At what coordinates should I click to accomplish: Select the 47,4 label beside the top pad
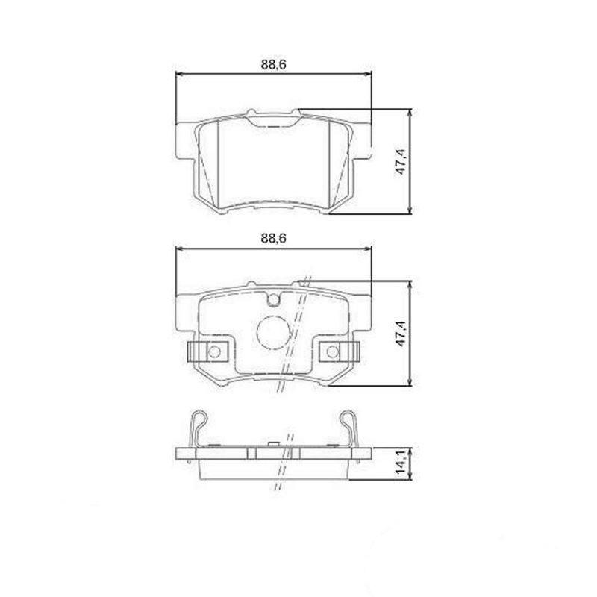(x=401, y=162)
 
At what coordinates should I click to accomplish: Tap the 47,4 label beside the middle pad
(x=401, y=334)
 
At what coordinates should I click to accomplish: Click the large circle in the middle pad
(x=273, y=333)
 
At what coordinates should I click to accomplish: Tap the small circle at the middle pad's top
(x=274, y=301)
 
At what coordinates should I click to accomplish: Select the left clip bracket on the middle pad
(x=210, y=351)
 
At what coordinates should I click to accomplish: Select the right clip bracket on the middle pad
(x=338, y=351)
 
